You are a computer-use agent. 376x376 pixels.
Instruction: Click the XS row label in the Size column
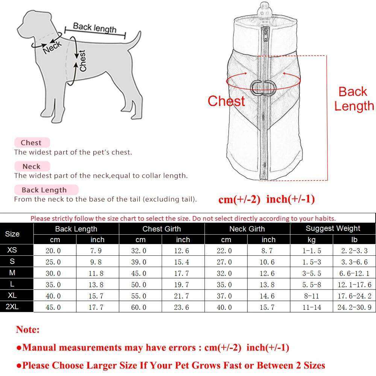[x=12, y=250]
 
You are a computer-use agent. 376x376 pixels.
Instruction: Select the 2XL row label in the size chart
[x=12, y=307]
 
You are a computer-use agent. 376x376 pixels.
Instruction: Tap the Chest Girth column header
[x=162, y=229]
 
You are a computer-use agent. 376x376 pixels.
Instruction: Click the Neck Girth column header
[x=247, y=229]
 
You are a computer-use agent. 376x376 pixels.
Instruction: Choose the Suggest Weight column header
[x=333, y=229]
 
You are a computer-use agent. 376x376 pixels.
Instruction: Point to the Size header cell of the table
[x=12, y=234]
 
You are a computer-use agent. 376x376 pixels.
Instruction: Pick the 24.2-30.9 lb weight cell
[x=354, y=307]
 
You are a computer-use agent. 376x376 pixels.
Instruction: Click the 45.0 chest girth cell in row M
[x=140, y=273]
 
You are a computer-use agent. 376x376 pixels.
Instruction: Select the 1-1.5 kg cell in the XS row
[x=311, y=251]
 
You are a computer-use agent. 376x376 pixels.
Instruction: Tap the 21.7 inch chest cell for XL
[x=183, y=296]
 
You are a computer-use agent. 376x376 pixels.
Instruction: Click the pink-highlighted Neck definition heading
[x=31, y=166]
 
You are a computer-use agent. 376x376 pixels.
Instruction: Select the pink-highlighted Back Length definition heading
[x=44, y=190]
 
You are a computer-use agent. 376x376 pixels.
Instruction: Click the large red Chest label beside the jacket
[x=226, y=101]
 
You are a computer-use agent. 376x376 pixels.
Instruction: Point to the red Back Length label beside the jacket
[x=353, y=99]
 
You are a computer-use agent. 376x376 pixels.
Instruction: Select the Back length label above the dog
[x=95, y=27]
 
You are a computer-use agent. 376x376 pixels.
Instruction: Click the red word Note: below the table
[x=27, y=330]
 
